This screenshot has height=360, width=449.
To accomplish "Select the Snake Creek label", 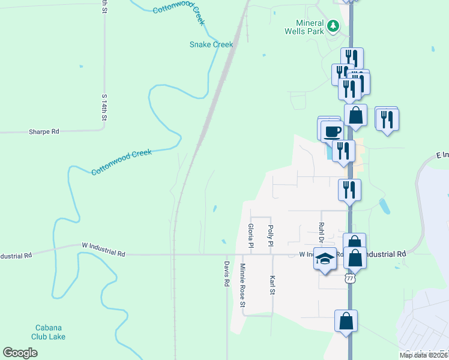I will click(211, 44).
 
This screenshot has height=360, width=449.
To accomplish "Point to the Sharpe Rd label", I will click(44, 131).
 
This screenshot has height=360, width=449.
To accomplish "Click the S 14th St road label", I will click(103, 109).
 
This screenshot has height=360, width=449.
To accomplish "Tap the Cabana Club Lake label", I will click(49, 332).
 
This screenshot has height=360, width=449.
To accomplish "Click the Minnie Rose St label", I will click(243, 285).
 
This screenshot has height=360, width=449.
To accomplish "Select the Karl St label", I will click(272, 284).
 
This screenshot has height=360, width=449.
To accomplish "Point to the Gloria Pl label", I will click(251, 235).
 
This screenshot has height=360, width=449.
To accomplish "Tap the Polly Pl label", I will click(271, 236).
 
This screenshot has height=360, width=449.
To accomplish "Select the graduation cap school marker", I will click(325, 260).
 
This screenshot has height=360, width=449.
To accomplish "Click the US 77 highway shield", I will click(350, 278).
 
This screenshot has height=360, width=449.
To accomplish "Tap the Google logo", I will click(20, 352).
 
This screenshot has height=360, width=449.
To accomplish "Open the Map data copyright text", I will click(423, 355).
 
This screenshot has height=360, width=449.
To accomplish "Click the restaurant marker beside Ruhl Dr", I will click(349, 190).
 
